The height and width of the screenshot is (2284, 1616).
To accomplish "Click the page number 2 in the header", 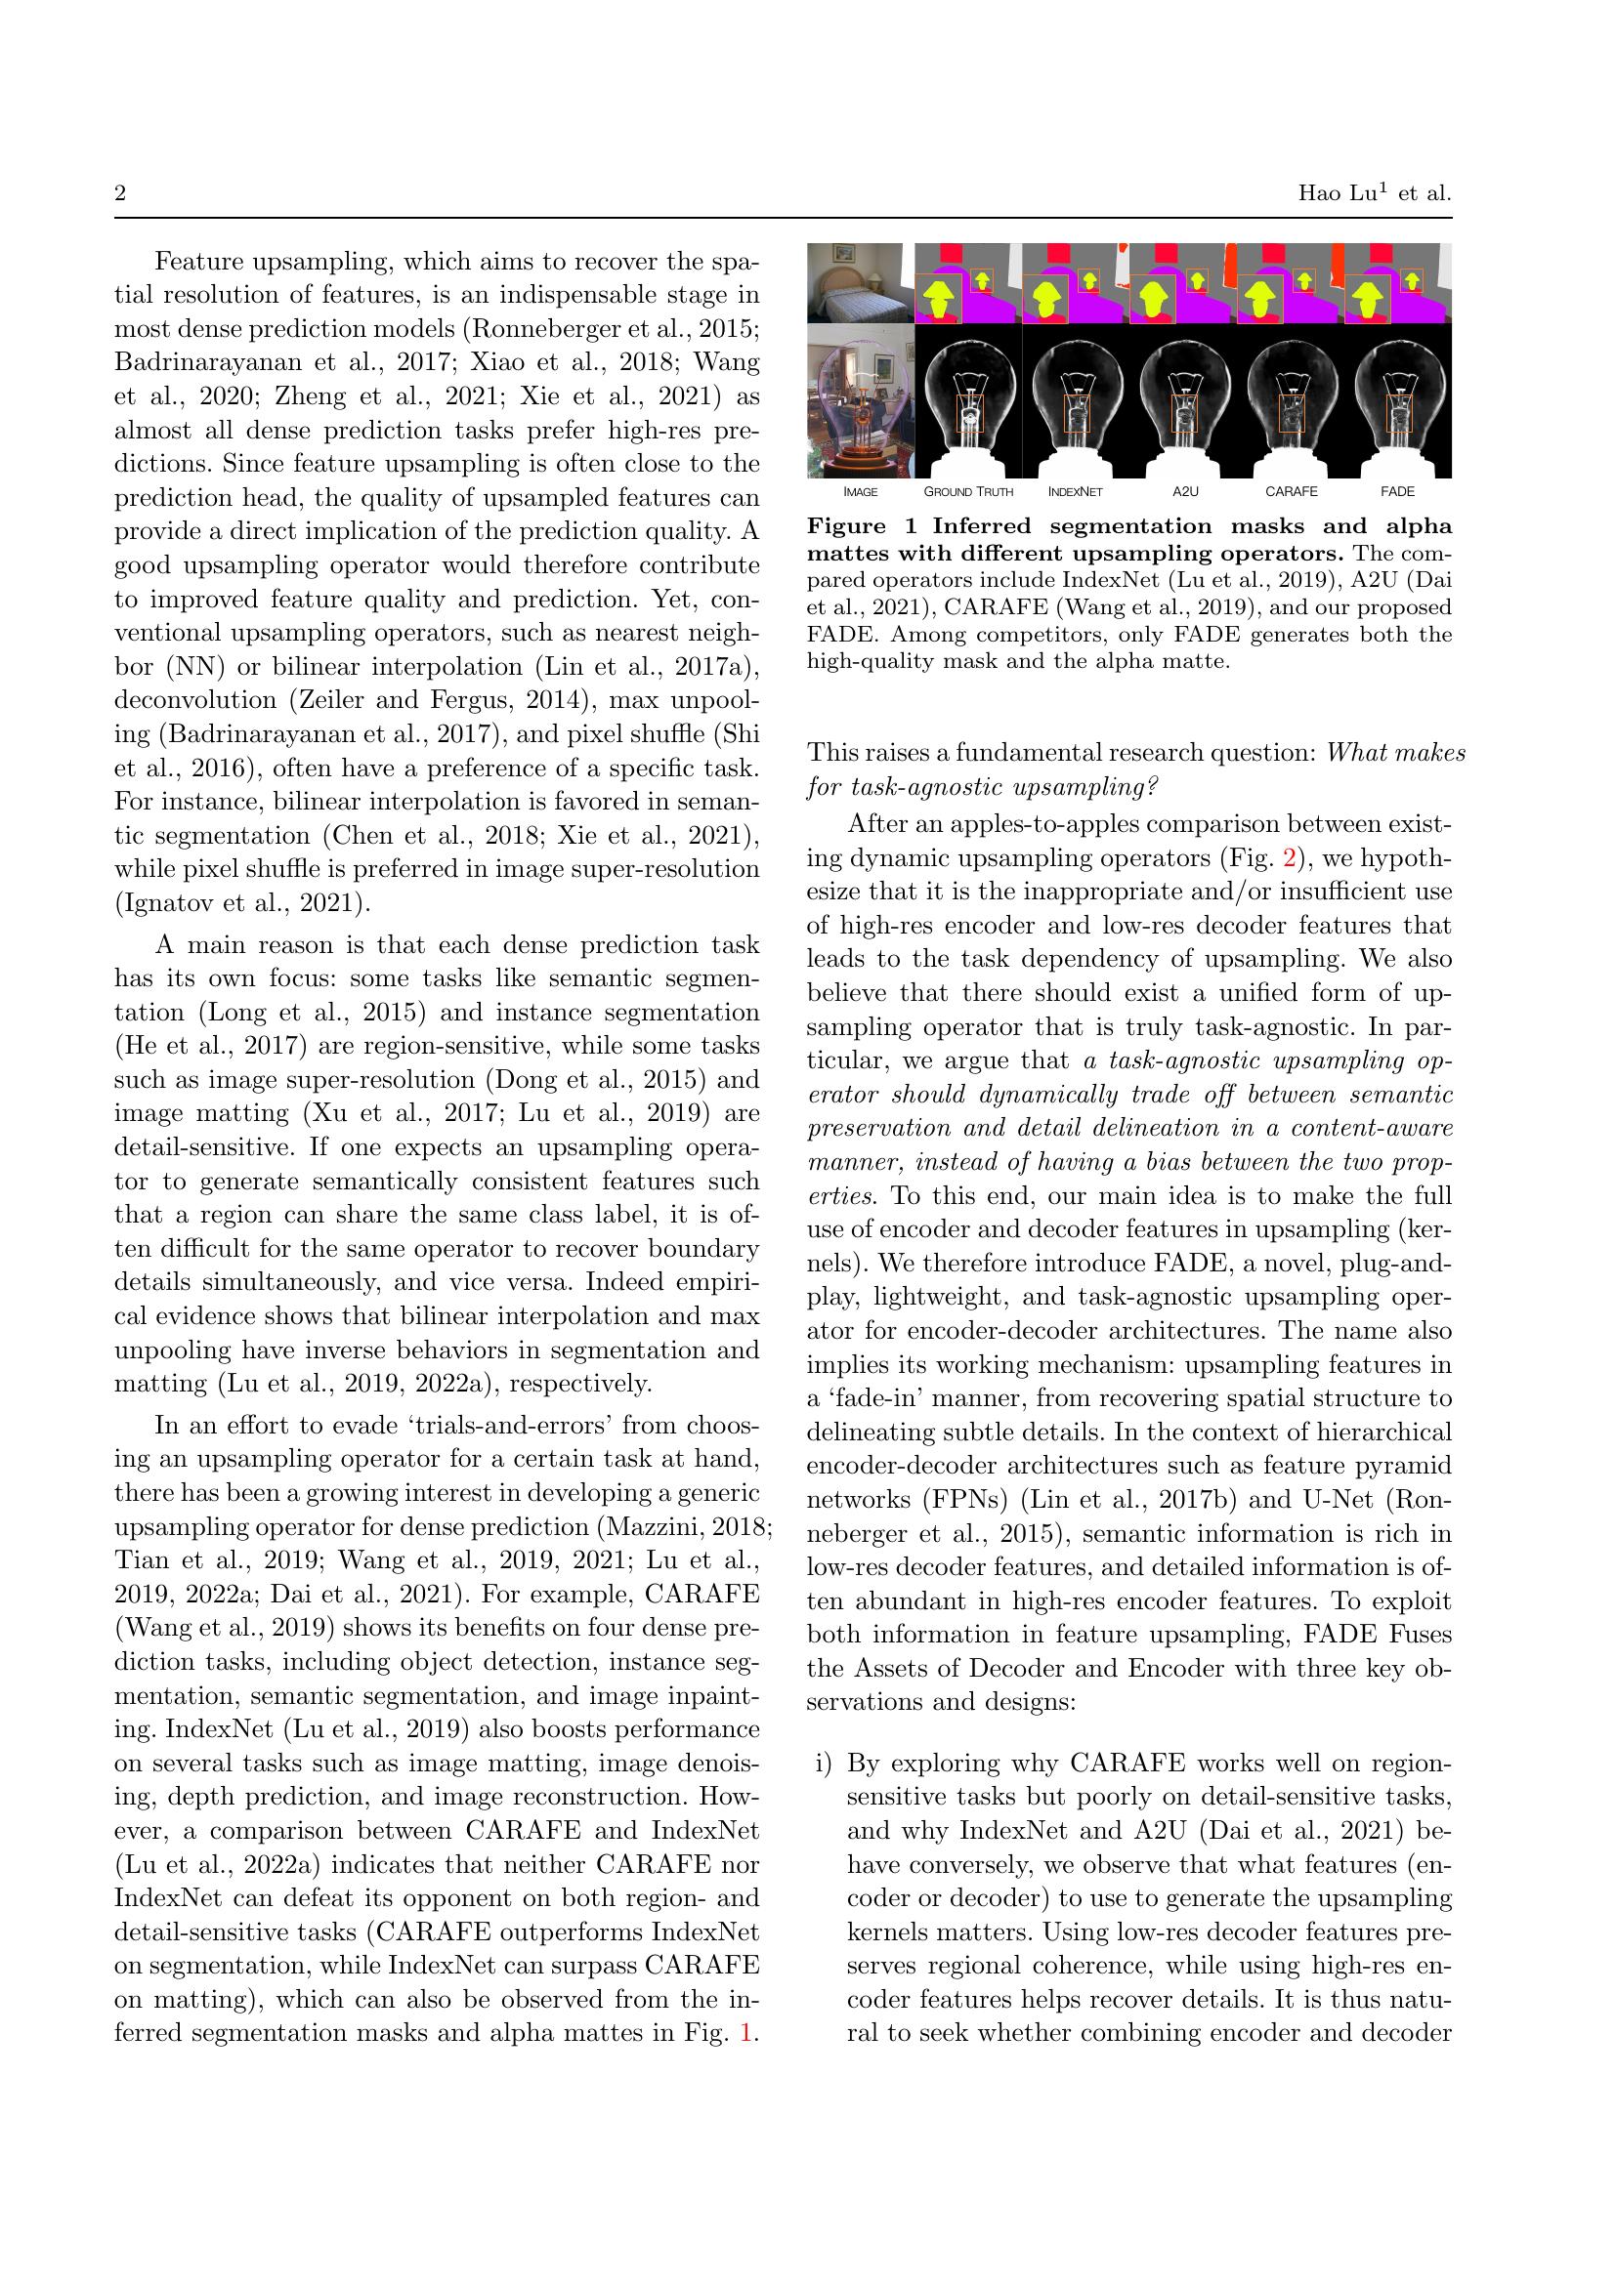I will point(120,193).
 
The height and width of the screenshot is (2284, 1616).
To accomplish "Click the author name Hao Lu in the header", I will point(1337,193).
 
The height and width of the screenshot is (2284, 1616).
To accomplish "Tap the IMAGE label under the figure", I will point(860,491).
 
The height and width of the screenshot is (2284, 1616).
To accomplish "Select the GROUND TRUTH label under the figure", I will point(967,491).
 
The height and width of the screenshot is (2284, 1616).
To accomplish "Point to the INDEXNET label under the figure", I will point(1075,491).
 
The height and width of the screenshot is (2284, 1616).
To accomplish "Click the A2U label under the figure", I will point(1184,491).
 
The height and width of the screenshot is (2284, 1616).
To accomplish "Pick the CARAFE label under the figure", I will point(1291,491).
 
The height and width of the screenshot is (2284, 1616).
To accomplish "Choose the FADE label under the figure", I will point(1397,491).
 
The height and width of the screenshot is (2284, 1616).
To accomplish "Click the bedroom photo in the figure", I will point(860,283).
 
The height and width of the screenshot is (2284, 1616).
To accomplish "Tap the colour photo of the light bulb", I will point(860,402).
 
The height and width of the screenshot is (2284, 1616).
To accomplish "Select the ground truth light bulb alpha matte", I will point(968,402).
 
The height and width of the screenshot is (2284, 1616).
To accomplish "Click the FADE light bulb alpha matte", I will point(1398,402).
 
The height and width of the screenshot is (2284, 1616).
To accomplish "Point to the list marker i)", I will point(822,1764).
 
